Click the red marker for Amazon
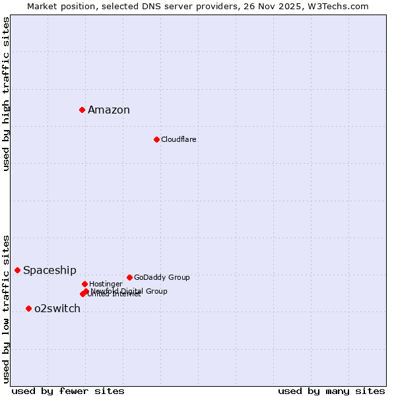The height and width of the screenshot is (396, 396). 82,110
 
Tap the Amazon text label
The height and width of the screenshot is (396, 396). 109,110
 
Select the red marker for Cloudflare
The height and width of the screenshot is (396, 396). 156,139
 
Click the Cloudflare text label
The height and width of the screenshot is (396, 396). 178,139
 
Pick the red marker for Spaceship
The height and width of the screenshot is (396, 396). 18,270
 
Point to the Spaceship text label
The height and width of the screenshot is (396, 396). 49,271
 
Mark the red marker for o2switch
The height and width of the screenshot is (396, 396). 28,308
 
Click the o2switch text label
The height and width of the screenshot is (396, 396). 57,309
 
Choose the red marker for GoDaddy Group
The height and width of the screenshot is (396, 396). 129,277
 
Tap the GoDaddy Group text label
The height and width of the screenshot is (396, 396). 162,277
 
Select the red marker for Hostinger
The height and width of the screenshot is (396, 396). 84,284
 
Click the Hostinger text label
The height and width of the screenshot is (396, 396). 106,284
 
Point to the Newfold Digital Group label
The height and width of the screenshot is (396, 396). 129,291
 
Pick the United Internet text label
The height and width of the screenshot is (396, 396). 114,294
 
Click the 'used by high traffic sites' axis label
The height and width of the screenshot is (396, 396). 6,94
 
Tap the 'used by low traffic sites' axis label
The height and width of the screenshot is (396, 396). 6,309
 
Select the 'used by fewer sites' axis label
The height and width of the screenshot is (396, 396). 68,391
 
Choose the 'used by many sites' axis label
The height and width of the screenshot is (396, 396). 331,391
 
